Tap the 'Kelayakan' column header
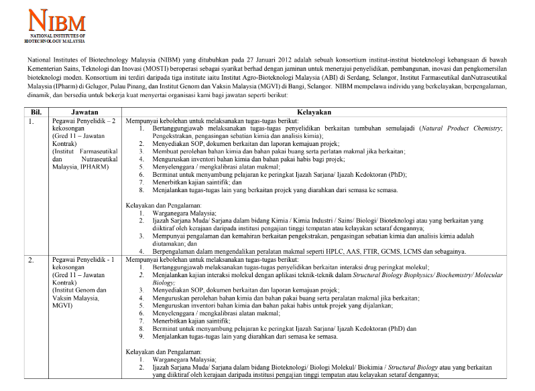[x=327, y=112]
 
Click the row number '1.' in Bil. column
[x=31, y=121]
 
